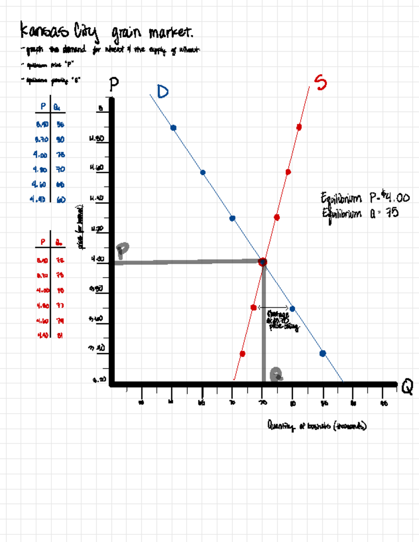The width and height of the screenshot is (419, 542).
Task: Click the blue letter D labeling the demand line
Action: pyautogui.click(x=163, y=92)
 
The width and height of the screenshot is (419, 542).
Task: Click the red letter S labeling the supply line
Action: pyautogui.click(x=320, y=82)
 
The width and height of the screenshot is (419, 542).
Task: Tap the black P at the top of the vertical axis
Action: pyautogui.click(x=114, y=84)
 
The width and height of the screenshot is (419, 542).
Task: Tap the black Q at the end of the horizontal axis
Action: pyautogui.click(x=407, y=387)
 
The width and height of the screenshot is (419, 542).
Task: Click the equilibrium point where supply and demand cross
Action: pyautogui.click(x=263, y=262)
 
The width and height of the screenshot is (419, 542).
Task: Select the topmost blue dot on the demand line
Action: pyautogui.click(x=173, y=128)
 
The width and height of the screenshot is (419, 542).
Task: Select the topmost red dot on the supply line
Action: pyautogui.click(x=299, y=127)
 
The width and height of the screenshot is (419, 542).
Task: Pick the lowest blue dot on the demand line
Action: pyautogui.click(x=323, y=353)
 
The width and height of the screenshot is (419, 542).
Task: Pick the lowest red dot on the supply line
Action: pyautogui.click(x=242, y=354)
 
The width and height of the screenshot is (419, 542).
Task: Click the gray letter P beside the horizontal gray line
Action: pyautogui.click(x=122, y=250)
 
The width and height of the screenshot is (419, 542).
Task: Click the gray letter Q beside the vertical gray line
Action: pyautogui.click(x=277, y=374)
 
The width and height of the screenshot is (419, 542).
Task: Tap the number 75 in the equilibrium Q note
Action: pyautogui.click(x=392, y=212)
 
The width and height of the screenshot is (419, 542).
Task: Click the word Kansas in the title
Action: pyautogui.click(x=44, y=31)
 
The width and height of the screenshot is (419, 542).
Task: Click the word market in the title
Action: pyautogui.click(x=170, y=33)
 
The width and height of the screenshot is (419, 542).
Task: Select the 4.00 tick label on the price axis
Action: pyautogui.click(x=97, y=259)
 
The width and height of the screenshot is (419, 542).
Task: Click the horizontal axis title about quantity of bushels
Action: pyautogui.click(x=317, y=425)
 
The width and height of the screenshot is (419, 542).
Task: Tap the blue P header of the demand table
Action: pyautogui.click(x=43, y=106)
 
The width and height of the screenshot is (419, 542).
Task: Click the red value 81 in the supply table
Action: pyautogui.click(x=60, y=335)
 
